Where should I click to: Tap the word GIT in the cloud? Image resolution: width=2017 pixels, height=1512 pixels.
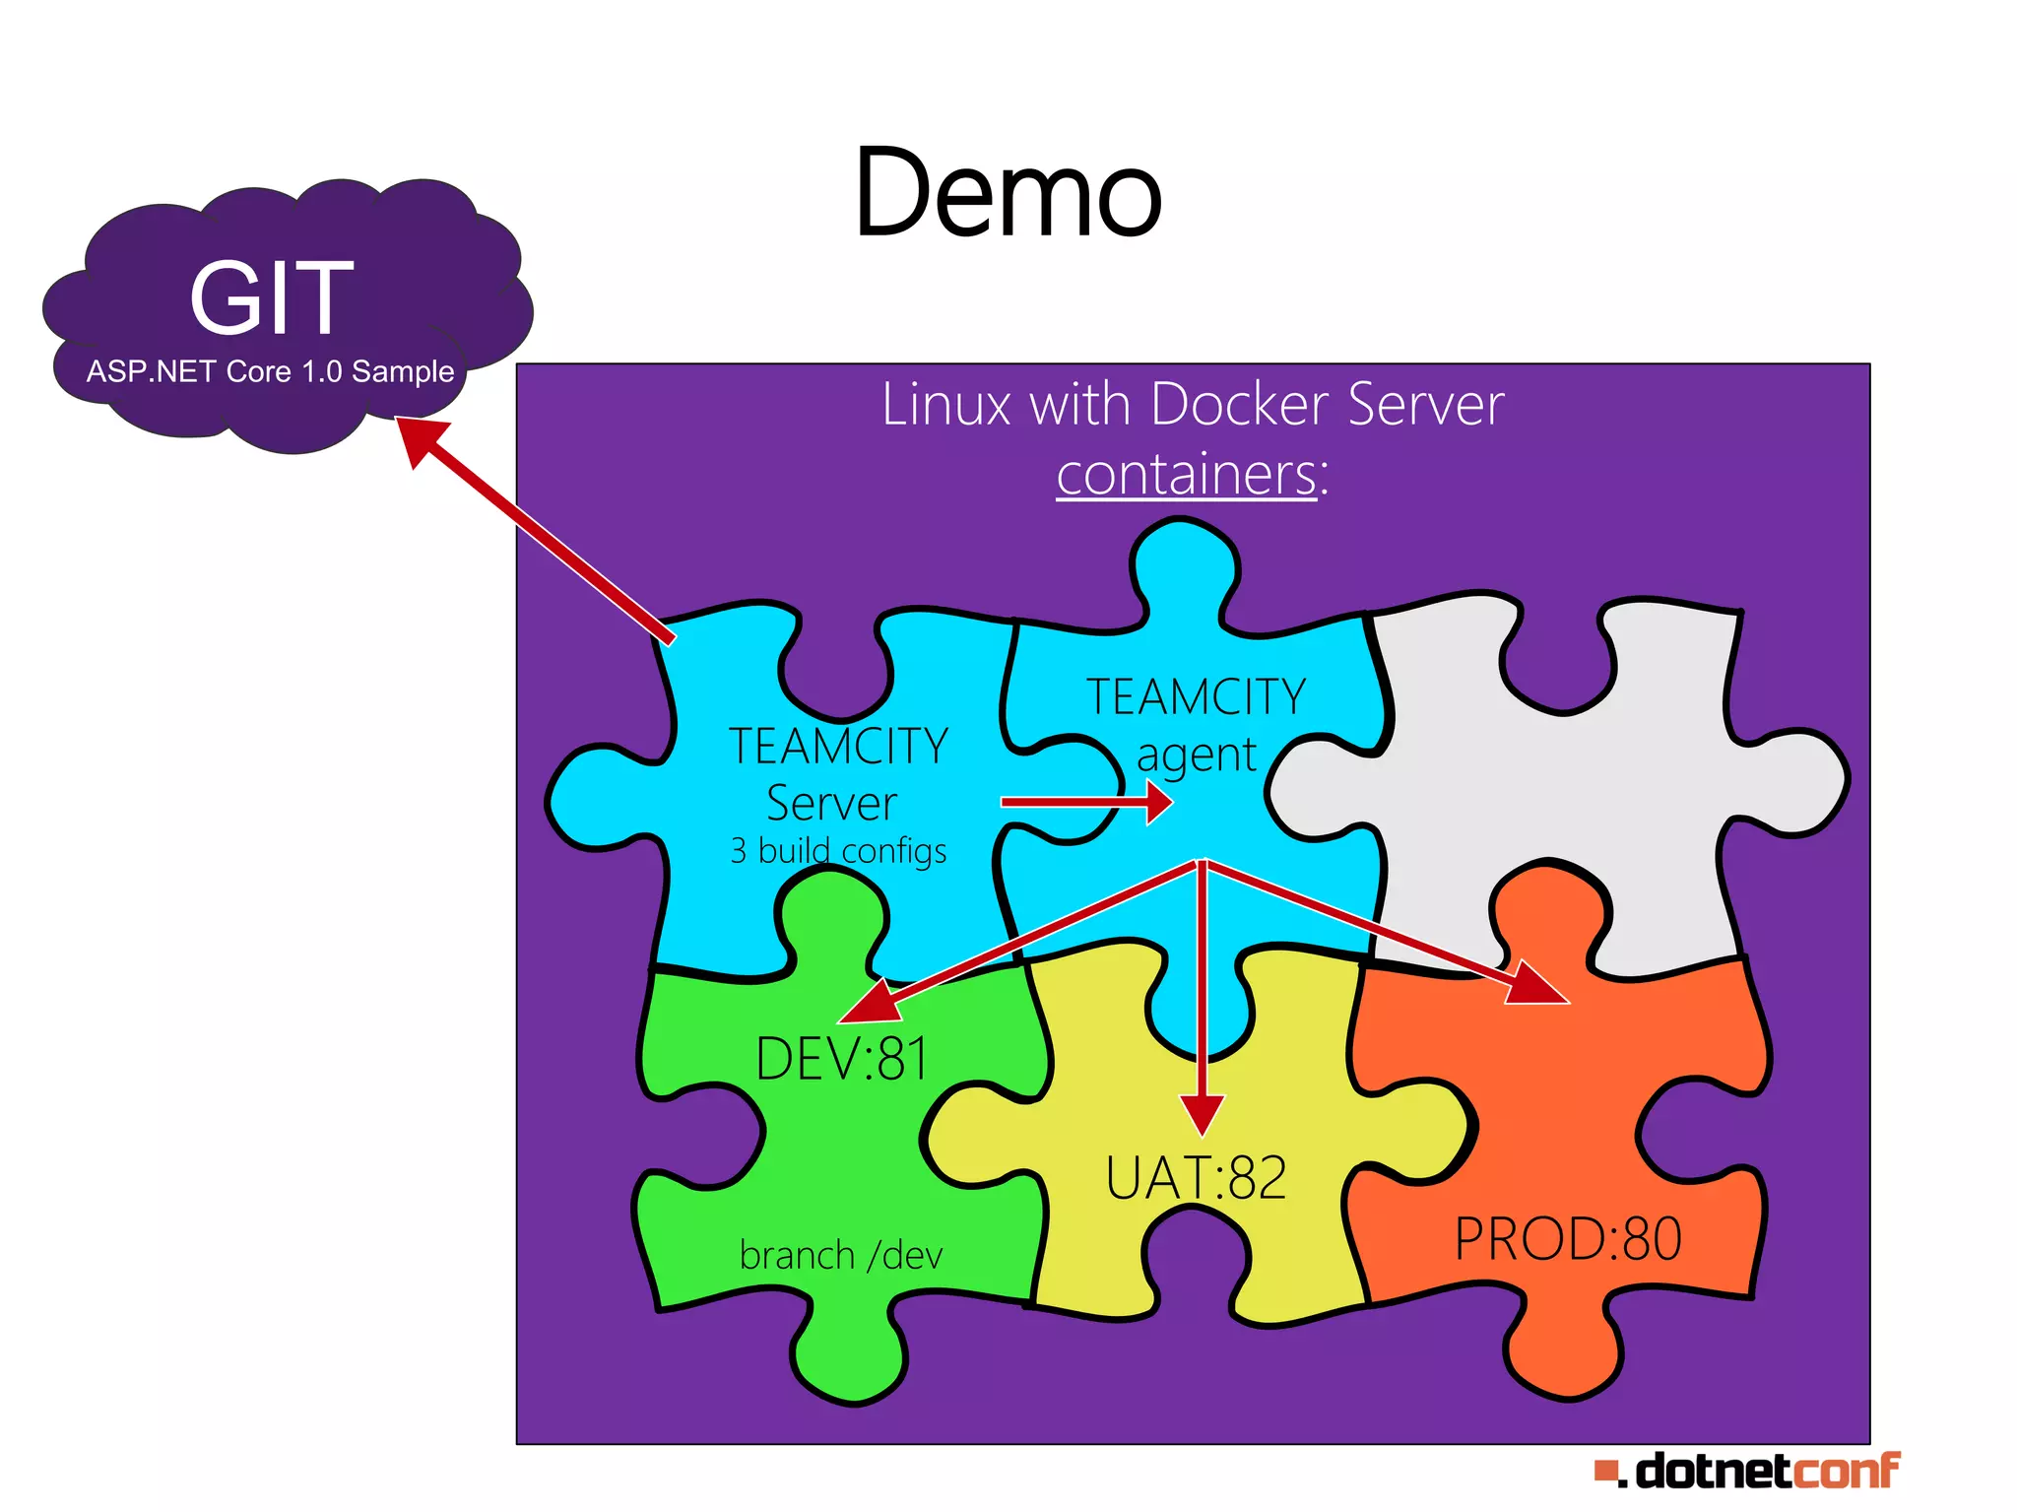click(x=271, y=297)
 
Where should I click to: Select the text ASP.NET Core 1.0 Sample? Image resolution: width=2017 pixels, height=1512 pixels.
click(x=270, y=372)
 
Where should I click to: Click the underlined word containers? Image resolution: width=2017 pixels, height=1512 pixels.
click(x=1186, y=475)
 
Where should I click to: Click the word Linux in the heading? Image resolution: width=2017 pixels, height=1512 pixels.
click(x=946, y=405)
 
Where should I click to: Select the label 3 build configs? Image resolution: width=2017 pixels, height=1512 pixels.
click(x=838, y=850)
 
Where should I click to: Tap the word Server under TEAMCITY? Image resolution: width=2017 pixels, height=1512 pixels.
click(x=832, y=803)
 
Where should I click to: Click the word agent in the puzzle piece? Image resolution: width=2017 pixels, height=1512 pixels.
click(x=1196, y=756)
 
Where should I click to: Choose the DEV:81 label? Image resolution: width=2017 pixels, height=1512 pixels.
click(x=842, y=1060)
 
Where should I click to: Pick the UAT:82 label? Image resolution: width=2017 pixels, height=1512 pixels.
click(x=1196, y=1178)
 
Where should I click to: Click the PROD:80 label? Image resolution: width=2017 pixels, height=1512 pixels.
click(x=1568, y=1239)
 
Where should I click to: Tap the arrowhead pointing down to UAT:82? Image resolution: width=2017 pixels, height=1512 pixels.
click(x=1202, y=1113)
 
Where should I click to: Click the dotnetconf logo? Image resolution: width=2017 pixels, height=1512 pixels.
click(x=1747, y=1472)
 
